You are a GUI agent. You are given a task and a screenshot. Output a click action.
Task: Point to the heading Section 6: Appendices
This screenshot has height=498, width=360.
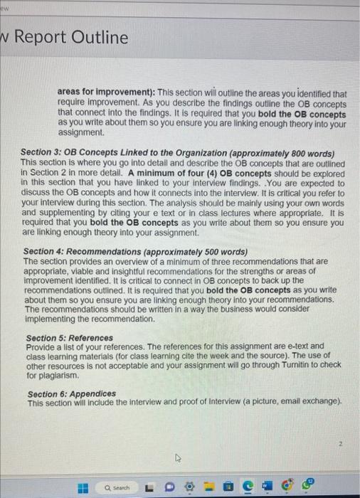71,393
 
